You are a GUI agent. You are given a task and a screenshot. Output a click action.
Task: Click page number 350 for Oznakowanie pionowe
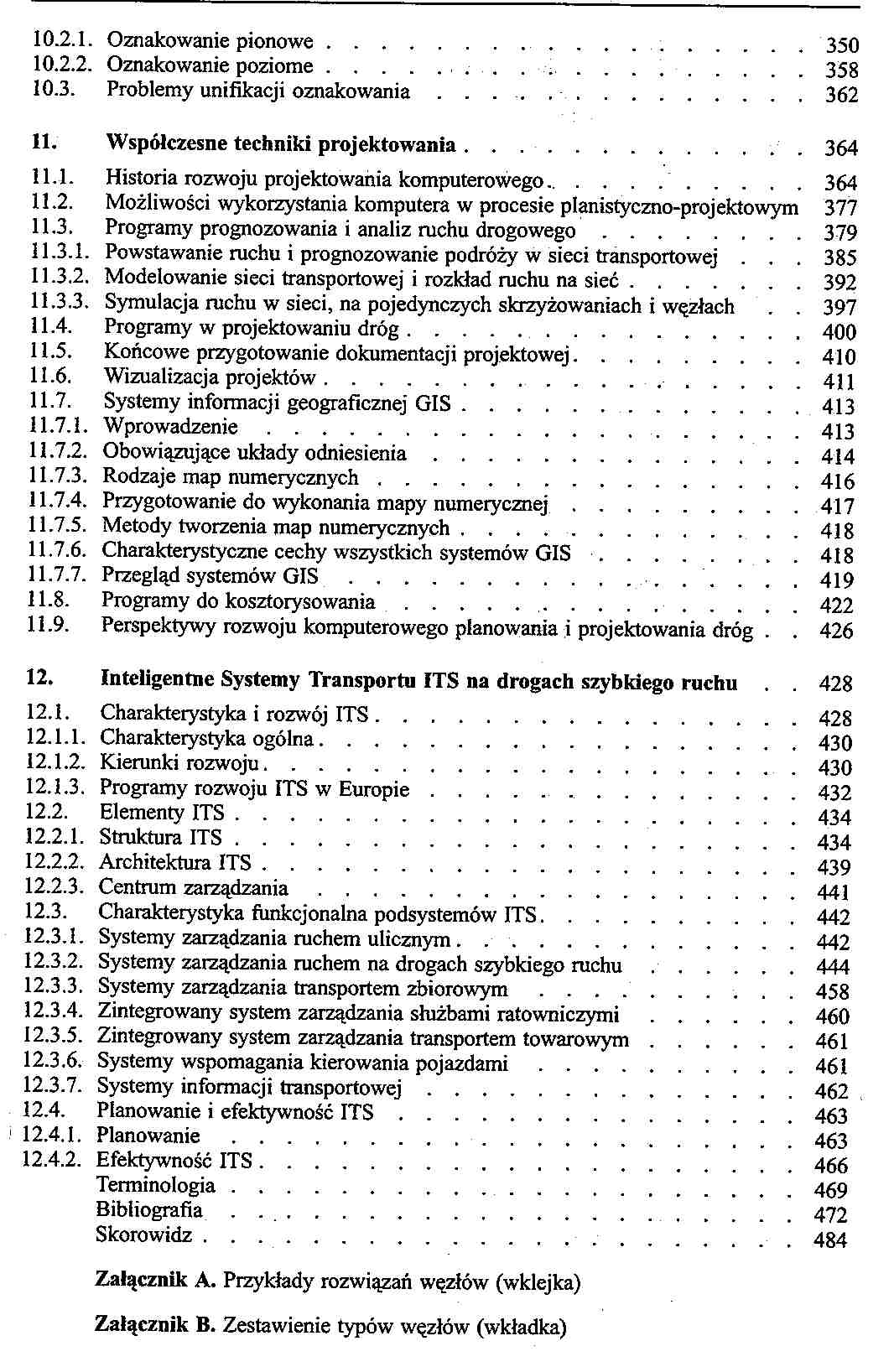click(x=841, y=45)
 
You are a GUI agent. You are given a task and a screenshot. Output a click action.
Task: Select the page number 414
click(x=838, y=457)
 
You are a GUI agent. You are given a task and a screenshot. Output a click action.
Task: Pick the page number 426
click(x=836, y=631)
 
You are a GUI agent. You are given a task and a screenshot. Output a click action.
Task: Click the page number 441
click(x=833, y=892)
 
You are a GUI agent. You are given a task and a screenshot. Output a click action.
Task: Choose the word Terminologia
click(x=156, y=1185)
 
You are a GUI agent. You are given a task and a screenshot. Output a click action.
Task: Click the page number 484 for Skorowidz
click(x=830, y=1240)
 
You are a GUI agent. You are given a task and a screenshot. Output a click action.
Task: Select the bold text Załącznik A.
click(x=157, y=1281)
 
